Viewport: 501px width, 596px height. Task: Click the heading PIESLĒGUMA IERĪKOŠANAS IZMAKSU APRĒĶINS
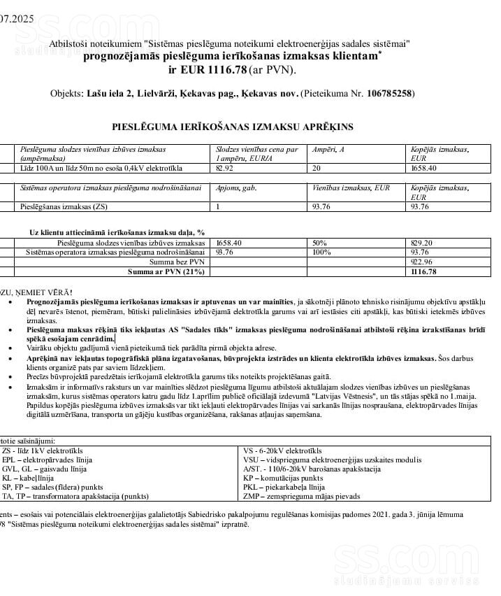pyautogui.click(x=233, y=127)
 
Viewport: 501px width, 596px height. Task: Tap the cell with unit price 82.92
pyautogui.click(x=224, y=168)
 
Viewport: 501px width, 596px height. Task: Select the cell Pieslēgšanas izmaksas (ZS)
pyautogui.click(x=64, y=206)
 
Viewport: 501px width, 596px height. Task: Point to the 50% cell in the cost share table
pyautogui.click(x=321, y=242)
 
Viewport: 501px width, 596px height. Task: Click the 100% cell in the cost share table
pyautogui.click(x=322, y=252)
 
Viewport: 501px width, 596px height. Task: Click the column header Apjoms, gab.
pyautogui.click(x=237, y=187)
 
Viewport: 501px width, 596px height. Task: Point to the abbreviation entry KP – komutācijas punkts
pyautogui.click(x=283, y=478)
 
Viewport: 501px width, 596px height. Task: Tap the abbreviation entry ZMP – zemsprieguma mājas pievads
pyautogui.click(x=301, y=496)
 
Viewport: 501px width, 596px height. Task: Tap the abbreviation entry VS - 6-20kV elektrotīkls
pyautogui.click(x=282, y=451)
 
